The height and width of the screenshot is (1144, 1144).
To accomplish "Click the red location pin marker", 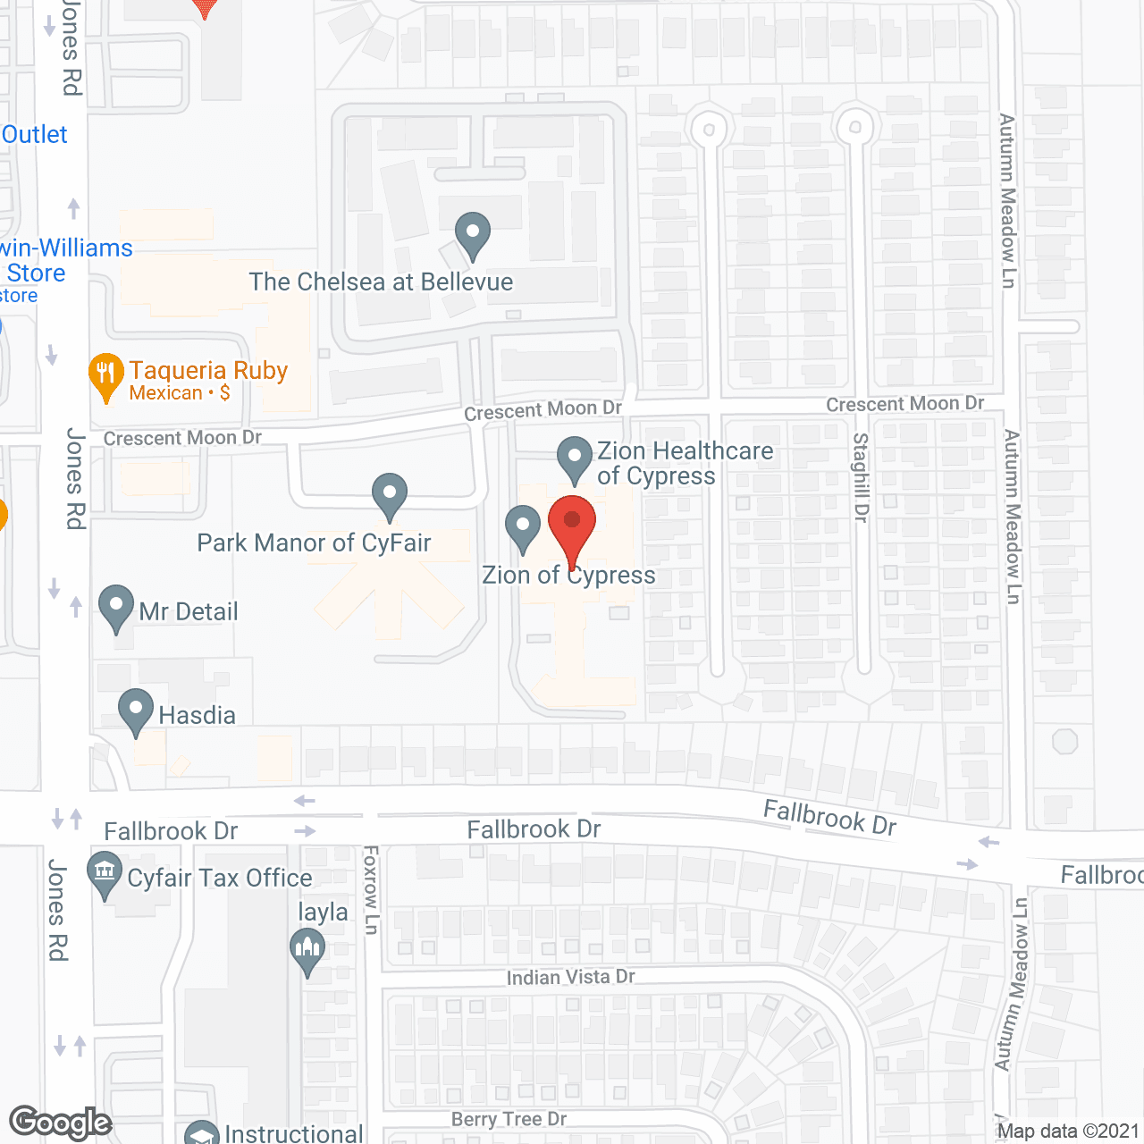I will [572, 527].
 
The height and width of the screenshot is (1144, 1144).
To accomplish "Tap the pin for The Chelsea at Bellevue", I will [472, 235].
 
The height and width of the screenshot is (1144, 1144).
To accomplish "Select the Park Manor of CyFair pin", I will [390, 495].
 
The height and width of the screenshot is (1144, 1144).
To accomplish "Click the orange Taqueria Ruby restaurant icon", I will [105, 376].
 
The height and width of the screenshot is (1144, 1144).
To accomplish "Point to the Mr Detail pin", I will [116, 608].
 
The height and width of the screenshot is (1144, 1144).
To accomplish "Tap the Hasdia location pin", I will [136, 711].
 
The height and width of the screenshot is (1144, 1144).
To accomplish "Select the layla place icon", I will [307, 951].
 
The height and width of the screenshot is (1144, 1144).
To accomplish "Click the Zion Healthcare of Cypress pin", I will [574, 458].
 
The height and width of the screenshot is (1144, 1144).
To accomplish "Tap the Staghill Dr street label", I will [862, 477].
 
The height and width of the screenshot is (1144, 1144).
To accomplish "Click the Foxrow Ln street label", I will [371, 890].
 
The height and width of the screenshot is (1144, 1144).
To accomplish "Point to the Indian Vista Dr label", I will [570, 977].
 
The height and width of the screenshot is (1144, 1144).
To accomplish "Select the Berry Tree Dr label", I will [509, 1119].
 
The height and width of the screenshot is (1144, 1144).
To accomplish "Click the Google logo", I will [60, 1123].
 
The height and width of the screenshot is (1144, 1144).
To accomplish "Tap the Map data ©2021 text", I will [1069, 1131].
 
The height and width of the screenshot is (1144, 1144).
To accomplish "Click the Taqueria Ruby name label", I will [208, 370].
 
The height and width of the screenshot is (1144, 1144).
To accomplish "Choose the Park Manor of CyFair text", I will [314, 543].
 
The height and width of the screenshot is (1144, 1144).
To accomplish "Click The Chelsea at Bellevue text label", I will [381, 282].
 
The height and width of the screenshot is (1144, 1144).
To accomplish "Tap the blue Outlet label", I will [35, 134].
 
